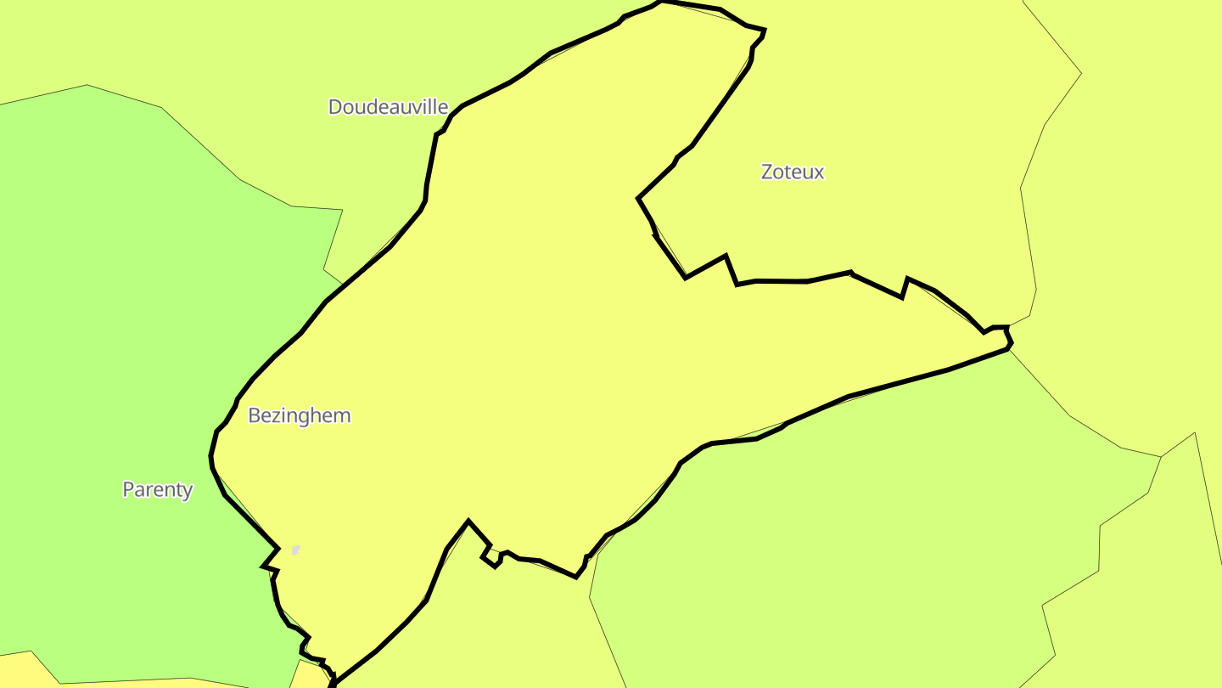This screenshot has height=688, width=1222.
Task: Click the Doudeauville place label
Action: [x=388, y=107]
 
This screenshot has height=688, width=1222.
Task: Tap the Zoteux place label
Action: [x=792, y=172]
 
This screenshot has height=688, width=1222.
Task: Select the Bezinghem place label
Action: [x=299, y=415]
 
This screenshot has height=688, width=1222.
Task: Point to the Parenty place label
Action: [x=157, y=489]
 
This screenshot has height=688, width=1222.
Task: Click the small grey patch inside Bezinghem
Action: [x=295, y=550]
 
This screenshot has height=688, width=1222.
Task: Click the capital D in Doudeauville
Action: [x=335, y=107]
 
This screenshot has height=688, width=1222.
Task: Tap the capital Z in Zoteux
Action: [x=767, y=172]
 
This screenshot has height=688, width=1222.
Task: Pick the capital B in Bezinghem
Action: [x=254, y=415]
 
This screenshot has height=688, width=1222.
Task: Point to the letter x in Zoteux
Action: [x=819, y=172]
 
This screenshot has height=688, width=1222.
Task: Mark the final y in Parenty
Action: [x=188, y=492]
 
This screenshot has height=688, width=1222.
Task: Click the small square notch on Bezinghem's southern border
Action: [x=491, y=555]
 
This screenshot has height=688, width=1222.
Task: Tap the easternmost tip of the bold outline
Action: [x=1011, y=345]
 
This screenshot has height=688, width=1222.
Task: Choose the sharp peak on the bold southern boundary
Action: [x=468, y=521]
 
